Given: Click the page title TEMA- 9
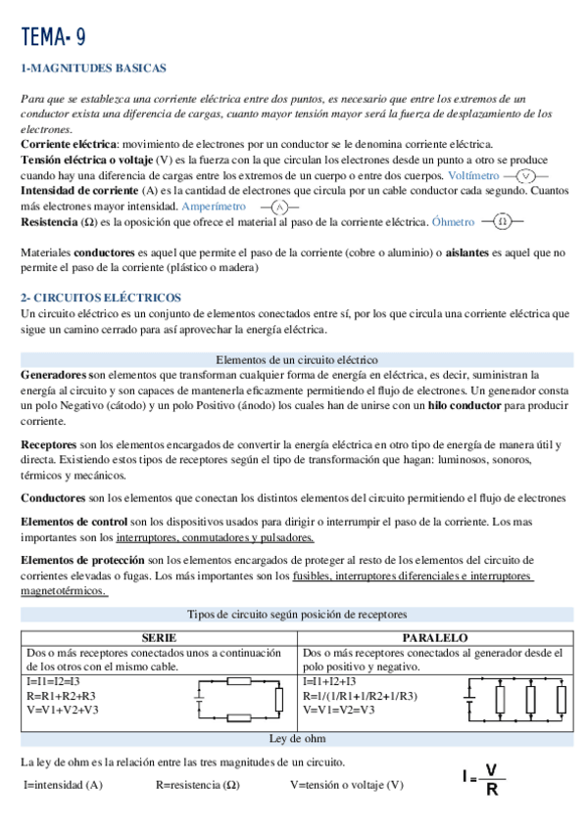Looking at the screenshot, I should pyautogui.click(x=54, y=37).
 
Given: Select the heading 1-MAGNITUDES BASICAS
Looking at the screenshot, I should pyautogui.click(x=94, y=69).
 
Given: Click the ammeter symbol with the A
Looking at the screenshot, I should pyautogui.click(x=279, y=207).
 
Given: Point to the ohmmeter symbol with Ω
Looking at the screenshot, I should pyautogui.click(x=503, y=221).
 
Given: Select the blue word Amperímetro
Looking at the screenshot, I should pyautogui.click(x=214, y=207).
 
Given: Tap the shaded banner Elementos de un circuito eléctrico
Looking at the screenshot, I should pyautogui.click(x=295, y=359).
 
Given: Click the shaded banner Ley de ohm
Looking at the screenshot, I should pyautogui.click(x=295, y=738).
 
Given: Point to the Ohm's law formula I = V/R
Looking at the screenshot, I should pyautogui.click(x=483, y=780).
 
